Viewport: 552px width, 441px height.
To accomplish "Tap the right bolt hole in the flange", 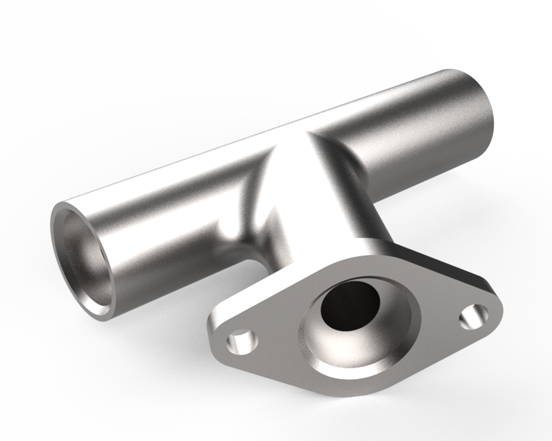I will (x=474, y=317).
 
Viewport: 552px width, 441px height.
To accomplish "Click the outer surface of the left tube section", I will (x=162, y=227).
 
